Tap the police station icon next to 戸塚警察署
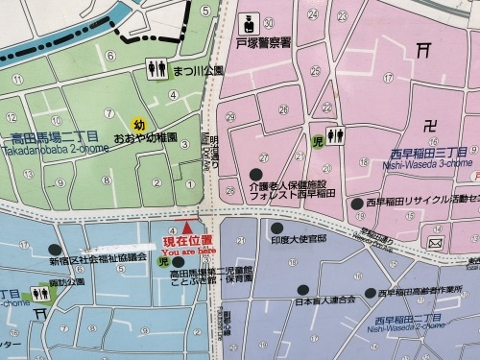[245, 22]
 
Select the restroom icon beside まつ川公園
[156, 69]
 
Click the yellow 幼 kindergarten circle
[139, 124]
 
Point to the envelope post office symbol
[436, 244]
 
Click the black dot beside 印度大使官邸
[276, 228]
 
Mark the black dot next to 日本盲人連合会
[303, 287]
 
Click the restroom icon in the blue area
[39, 292]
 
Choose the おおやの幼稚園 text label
[146, 137]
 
